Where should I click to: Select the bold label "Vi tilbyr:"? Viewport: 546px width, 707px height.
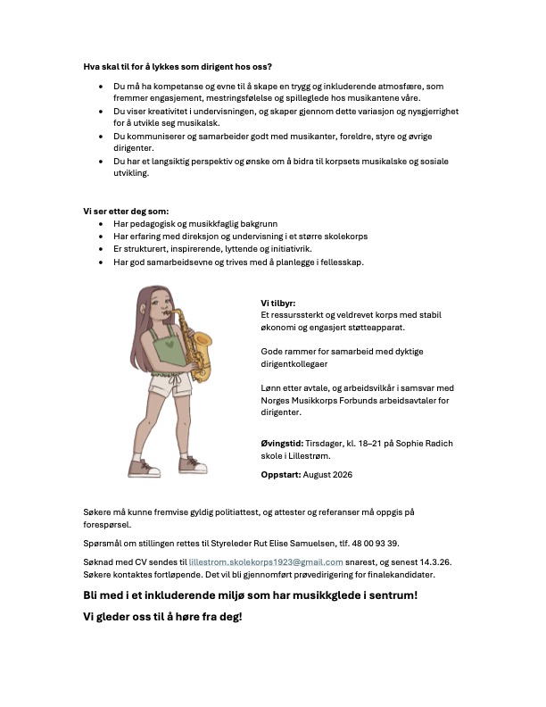[x=277, y=303]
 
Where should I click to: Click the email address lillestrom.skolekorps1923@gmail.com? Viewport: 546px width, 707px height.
[x=267, y=561]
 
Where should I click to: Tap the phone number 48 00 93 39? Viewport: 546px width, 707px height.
[x=373, y=543]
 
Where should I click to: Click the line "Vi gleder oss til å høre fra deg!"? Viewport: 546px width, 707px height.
[x=162, y=617]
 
